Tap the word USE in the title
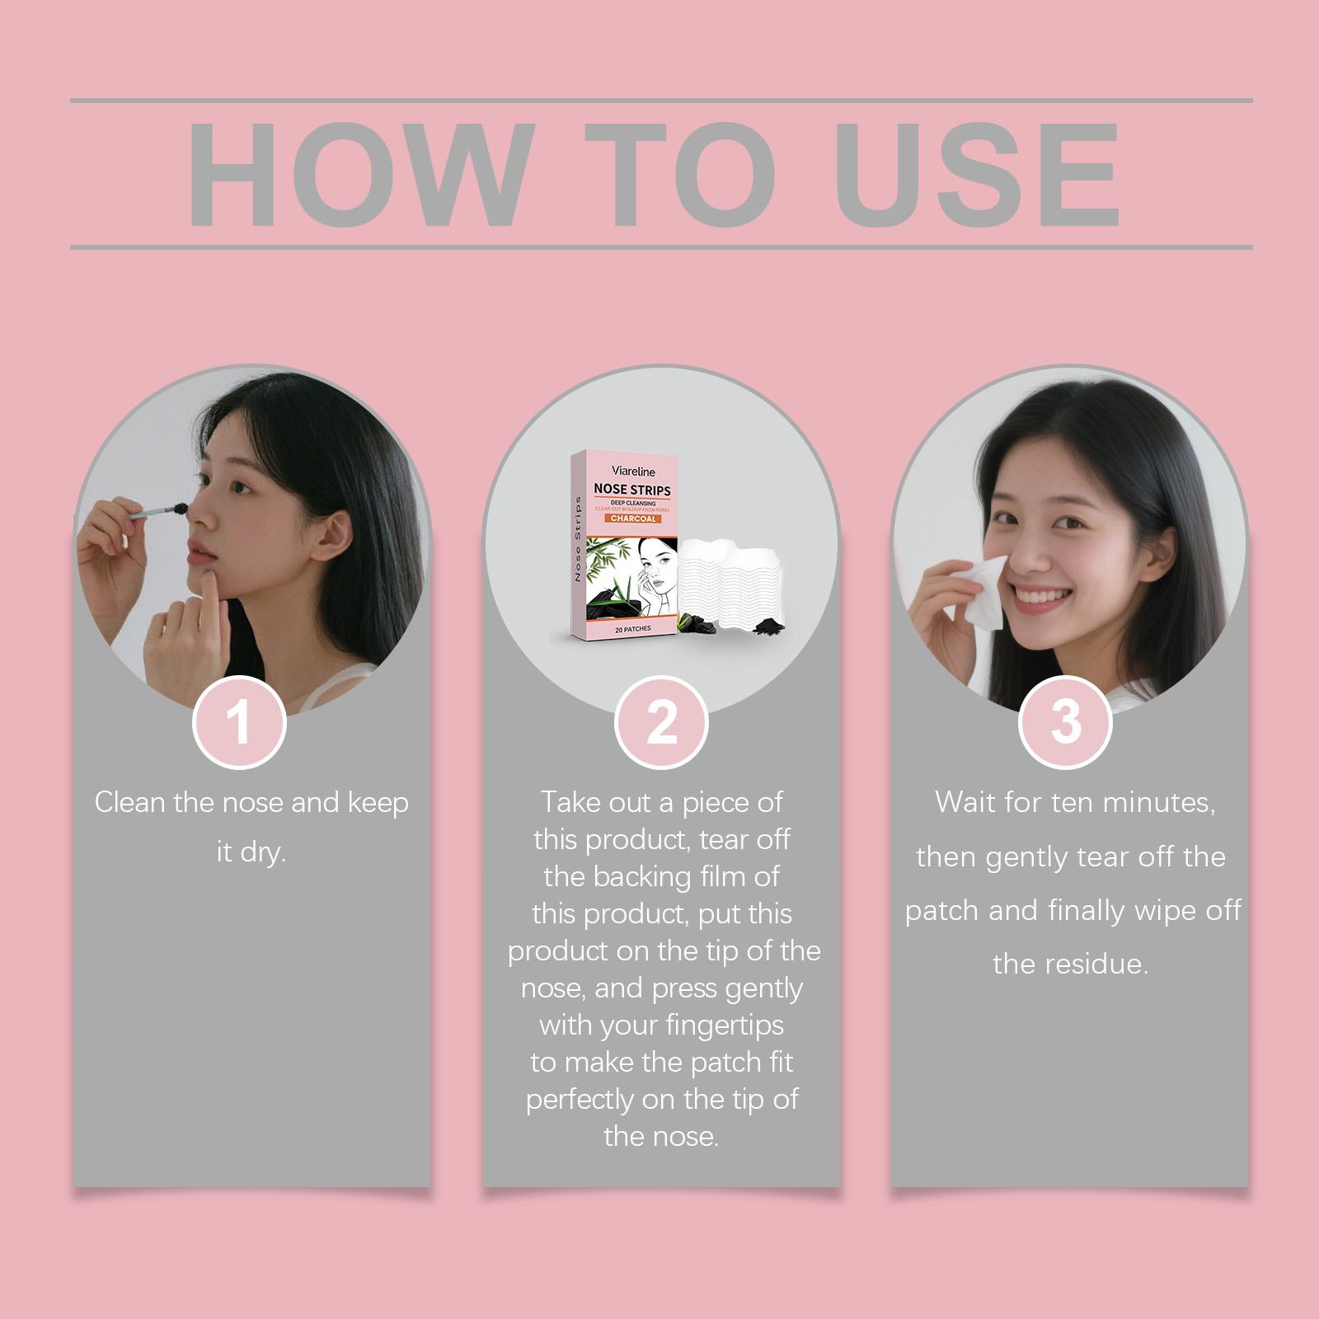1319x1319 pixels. pyautogui.click(x=977, y=174)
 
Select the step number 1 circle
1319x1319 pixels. pyautogui.click(x=239, y=723)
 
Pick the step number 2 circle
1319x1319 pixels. pyautogui.click(x=661, y=723)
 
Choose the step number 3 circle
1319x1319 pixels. pyautogui.click(x=1066, y=723)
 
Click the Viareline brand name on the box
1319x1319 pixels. pyautogui.click(x=633, y=472)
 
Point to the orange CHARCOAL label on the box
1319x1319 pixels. pyautogui.click(x=633, y=519)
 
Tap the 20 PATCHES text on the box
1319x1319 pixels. pyautogui.click(x=632, y=628)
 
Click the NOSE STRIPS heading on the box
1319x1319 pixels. pyautogui.click(x=632, y=490)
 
